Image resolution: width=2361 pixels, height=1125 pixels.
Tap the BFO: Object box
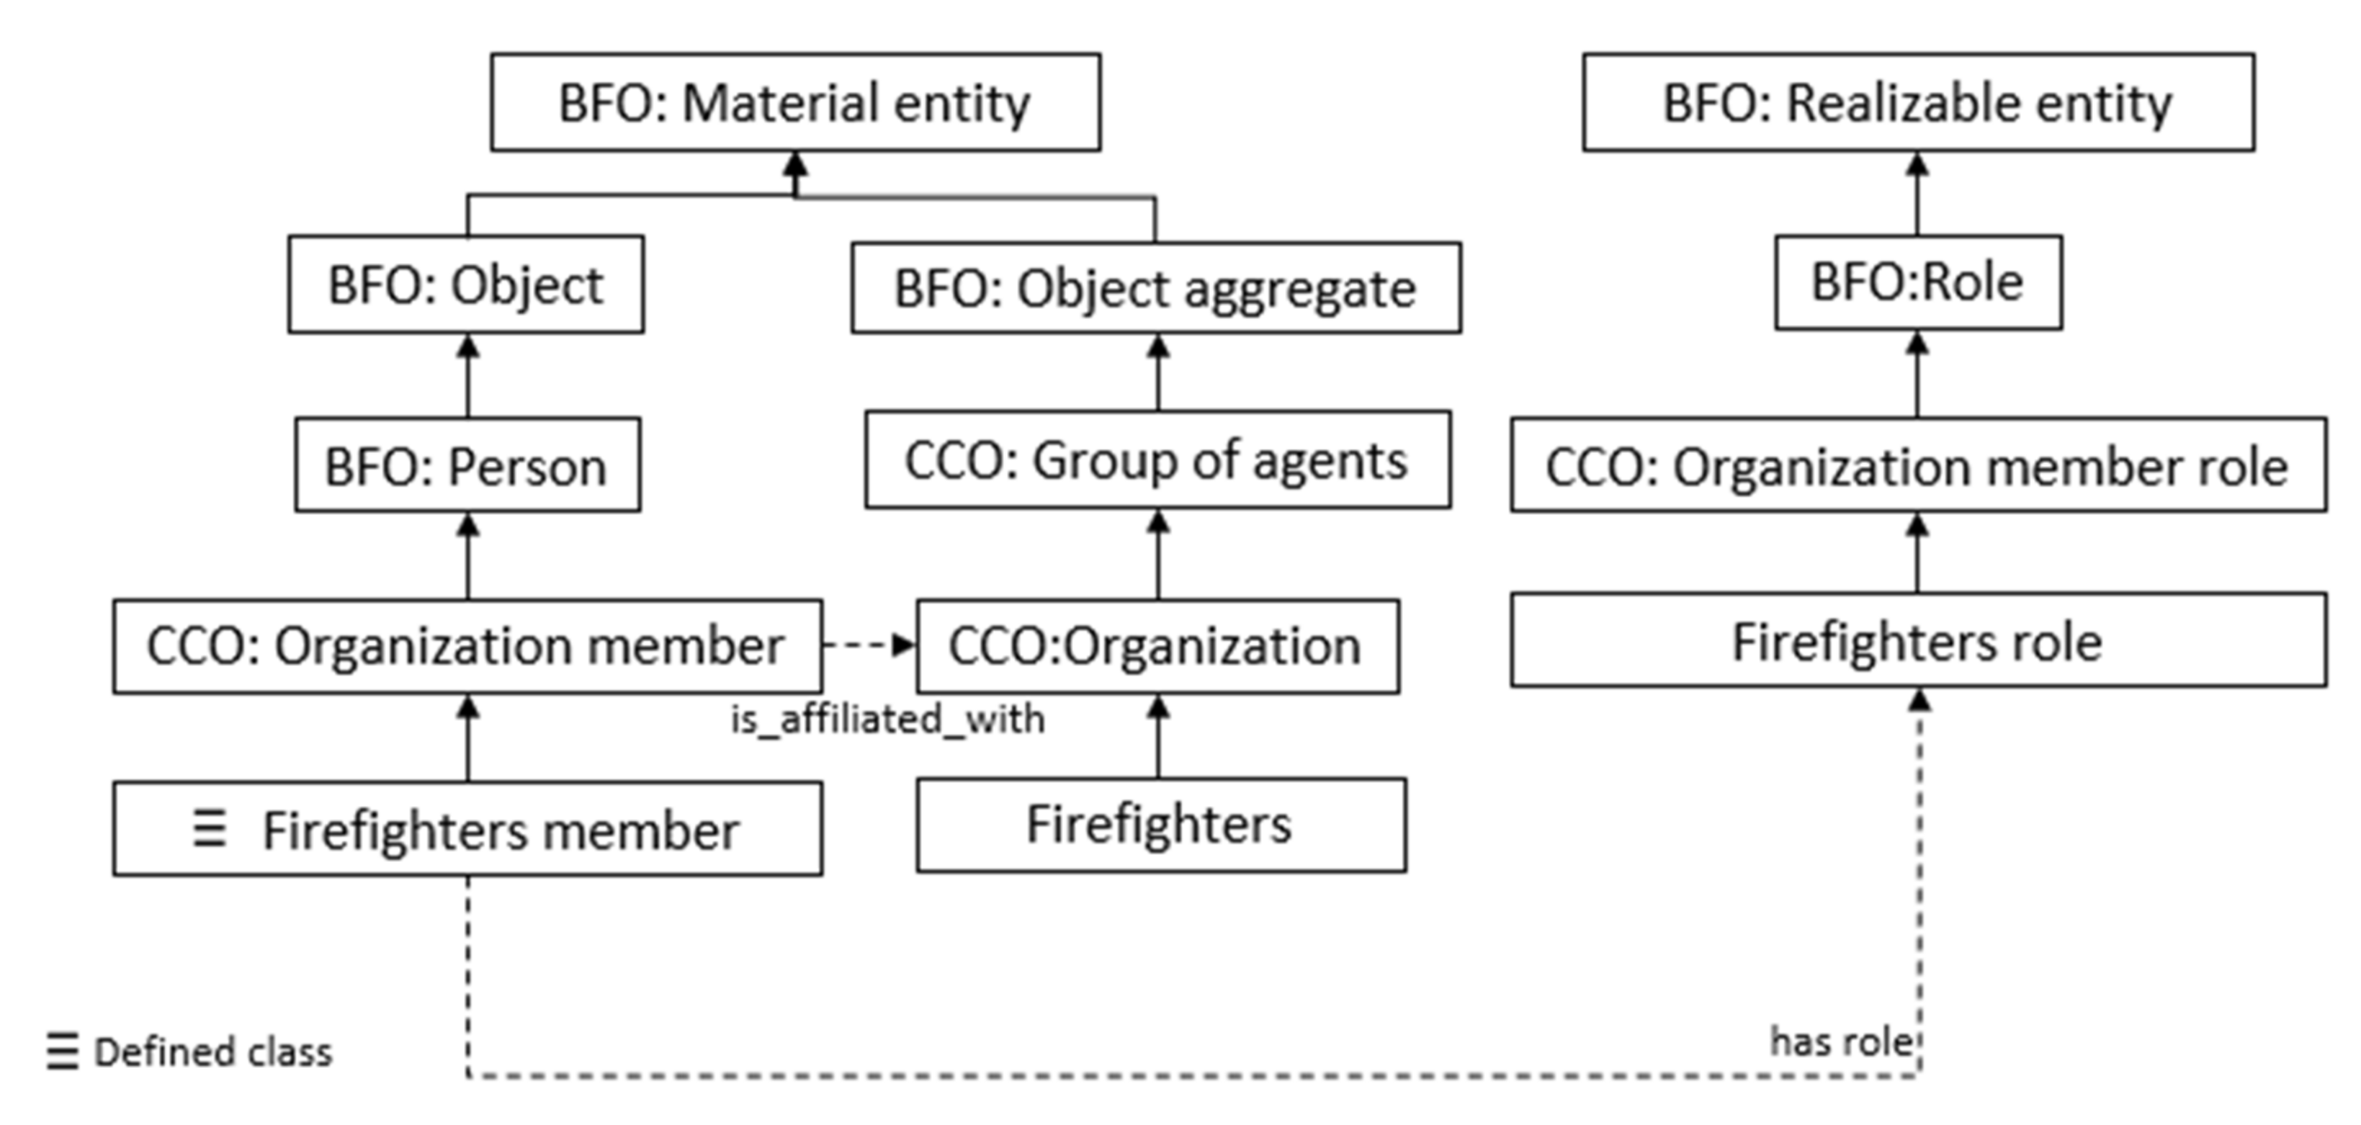465,284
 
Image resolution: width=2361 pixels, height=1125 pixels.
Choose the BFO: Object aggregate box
1156,288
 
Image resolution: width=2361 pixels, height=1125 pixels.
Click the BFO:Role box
1917,282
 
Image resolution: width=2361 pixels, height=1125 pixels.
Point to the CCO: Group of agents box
1157,460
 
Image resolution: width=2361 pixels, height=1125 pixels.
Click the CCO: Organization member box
467,645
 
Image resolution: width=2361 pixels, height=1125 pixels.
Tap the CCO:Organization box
1157,645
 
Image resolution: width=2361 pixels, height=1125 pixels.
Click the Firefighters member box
467,829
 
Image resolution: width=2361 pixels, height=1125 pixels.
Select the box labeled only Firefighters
1160,824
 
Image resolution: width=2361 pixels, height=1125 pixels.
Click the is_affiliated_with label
887,719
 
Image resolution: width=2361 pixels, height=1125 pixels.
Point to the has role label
1840,1041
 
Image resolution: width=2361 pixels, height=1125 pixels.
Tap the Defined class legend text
212,1052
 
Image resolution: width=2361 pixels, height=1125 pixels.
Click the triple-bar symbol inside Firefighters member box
209,829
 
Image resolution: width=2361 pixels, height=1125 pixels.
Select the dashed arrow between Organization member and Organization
867,645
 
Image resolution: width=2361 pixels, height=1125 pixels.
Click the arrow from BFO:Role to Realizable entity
1917,194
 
